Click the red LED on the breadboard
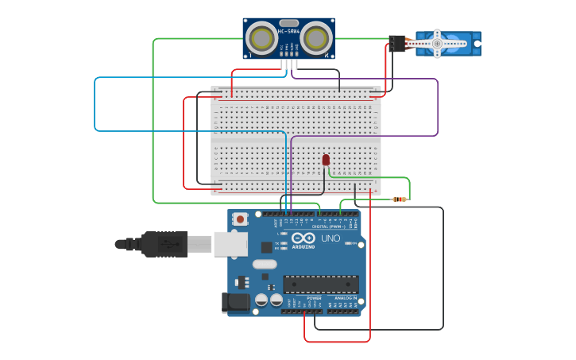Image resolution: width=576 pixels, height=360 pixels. coord(326,160)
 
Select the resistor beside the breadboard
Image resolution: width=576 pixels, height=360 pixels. coord(400,199)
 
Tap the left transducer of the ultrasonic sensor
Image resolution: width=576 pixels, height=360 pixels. coord(261,37)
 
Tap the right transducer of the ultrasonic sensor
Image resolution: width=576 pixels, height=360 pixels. coord(316,37)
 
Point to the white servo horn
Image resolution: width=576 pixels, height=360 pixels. coord(437,45)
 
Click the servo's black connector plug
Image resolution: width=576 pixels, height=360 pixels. coord(396,43)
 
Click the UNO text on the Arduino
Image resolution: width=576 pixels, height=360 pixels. coord(331,238)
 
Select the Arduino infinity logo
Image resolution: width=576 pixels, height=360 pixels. coord(303,238)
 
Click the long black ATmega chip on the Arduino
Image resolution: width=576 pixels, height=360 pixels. coord(320,284)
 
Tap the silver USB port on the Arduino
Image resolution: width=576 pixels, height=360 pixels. coord(230,244)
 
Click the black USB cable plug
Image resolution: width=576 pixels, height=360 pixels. coord(165,244)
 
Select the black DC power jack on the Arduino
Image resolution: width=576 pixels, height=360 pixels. coord(235,302)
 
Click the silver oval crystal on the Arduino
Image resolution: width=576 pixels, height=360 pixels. coord(265,264)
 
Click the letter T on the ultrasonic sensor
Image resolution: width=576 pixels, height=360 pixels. coord(251,56)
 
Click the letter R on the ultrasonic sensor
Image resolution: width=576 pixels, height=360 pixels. coord(326,56)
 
